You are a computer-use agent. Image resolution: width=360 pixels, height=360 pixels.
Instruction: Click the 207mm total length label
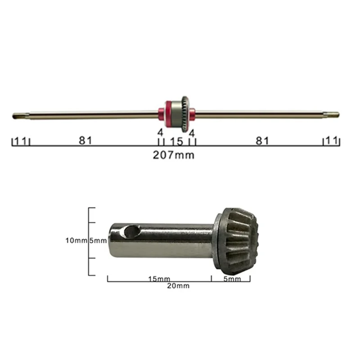(x=174, y=155)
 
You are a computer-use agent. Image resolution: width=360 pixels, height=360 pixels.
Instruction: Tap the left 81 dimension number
(x=85, y=140)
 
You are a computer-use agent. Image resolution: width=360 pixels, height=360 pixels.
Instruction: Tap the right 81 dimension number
(x=262, y=141)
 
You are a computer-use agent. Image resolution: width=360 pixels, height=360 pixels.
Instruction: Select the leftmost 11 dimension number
(x=20, y=141)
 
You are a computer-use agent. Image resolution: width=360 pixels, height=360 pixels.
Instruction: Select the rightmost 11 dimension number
(x=331, y=140)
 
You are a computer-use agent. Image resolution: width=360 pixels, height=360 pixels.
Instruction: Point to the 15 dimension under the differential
(x=177, y=142)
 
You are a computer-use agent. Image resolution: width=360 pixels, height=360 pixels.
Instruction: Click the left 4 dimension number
(x=160, y=132)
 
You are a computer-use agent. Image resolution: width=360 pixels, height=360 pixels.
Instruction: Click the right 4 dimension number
(x=192, y=133)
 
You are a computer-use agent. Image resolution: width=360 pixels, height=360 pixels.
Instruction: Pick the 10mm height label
(x=76, y=241)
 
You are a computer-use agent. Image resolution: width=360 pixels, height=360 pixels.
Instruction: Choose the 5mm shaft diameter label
(x=98, y=241)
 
